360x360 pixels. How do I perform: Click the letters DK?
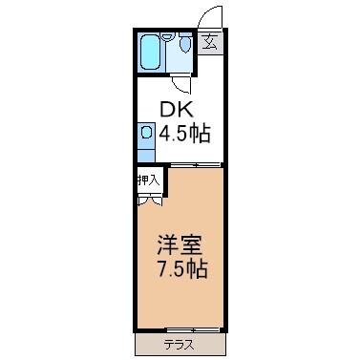click(173, 109)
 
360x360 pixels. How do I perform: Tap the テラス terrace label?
click(180, 344)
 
